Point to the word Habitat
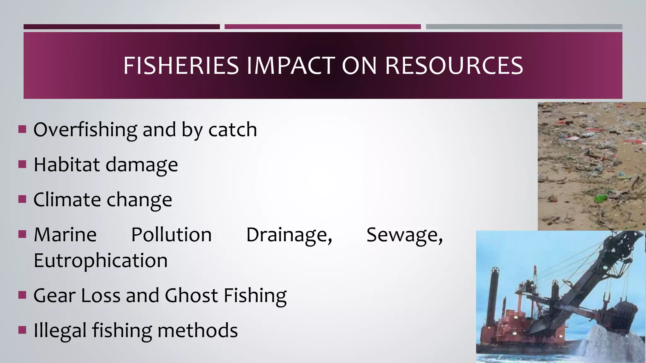pyautogui.click(x=67, y=165)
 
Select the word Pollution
pyautogui.click(x=171, y=235)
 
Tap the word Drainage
pyautogui.click(x=289, y=235)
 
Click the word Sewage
pyautogui.click(x=404, y=235)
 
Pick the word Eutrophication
pyautogui.click(x=101, y=261)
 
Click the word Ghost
pyautogui.click(x=191, y=296)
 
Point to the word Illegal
pyautogui.click(x=60, y=331)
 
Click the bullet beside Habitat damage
pyautogui.click(x=22, y=164)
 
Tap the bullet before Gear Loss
pyautogui.click(x=22, y=295)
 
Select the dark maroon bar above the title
pyautogui.click(x=121, y=27)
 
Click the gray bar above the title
pyautogui.click(x=524, y=27)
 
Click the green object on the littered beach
pyautogui.click(x=601, y=198)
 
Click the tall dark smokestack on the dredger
pyautogui.click(x=493, y=296)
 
